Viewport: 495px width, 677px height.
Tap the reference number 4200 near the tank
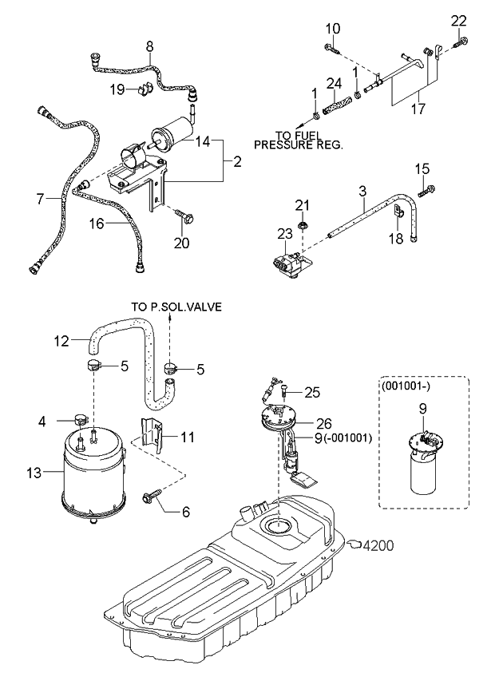(x=378, y=547)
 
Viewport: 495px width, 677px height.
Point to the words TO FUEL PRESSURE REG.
(x=297, y=140)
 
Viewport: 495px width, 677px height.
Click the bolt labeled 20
(x=183, y=216)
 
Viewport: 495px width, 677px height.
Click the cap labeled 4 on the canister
(x=79, y=419)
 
